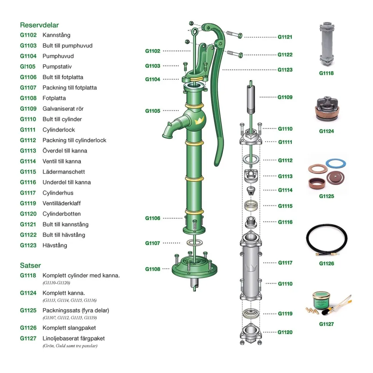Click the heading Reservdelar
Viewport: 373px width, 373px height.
tap(39, 25)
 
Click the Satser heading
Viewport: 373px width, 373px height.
tap(30, 266)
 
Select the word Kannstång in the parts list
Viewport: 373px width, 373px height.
tap(56, 35)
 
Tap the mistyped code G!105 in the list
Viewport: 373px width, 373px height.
tap(27, 67)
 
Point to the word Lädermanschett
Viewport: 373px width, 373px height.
tap(64, 172)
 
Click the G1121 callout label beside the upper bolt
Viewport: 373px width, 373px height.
tap(285, 37)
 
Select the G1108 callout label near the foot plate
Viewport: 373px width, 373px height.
tap(153, 269)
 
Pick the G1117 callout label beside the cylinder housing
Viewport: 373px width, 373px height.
tap(285, 263)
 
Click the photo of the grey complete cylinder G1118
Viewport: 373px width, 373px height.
tap(327, 45)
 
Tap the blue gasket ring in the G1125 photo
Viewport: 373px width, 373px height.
tap(336, 164)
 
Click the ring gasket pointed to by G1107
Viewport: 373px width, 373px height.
tap(194, 243)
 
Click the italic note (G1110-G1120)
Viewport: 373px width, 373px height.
tap(56, 283)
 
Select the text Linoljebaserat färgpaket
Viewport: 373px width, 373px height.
tap(73, 338)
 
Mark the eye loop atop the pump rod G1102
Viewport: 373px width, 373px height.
tap(195, 32)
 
